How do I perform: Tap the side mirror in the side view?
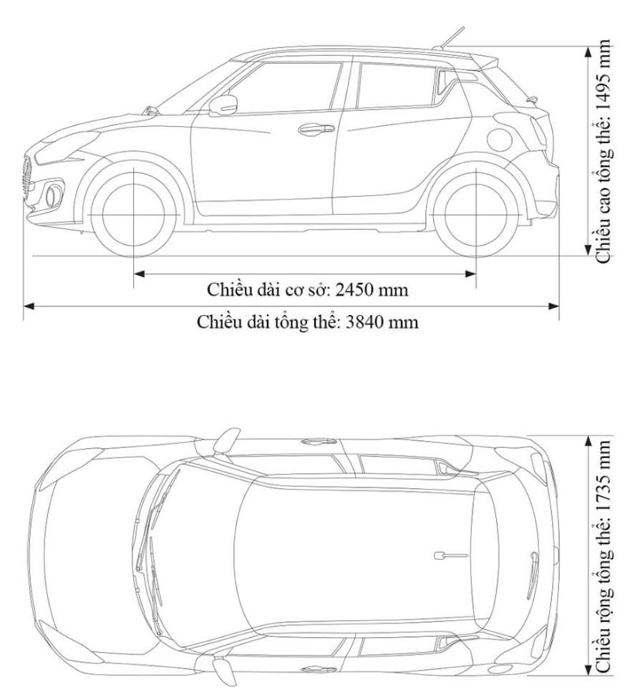[x=224, y=105]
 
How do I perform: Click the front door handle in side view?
[x=313, y=128]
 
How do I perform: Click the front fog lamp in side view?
[x=51, y=191]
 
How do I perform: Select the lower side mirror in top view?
[x=226, y=671]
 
